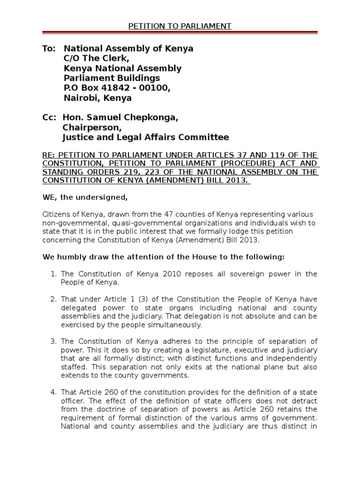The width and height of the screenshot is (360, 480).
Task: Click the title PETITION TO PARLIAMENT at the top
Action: tap(180, 26)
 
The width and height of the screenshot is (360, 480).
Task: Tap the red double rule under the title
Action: tap(180, 33)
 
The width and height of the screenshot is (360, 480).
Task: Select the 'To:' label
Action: tap(49, 49)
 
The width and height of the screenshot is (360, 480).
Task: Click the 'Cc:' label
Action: tap(49, 118)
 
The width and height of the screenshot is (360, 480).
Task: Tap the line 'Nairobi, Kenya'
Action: tap(97, 98)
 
